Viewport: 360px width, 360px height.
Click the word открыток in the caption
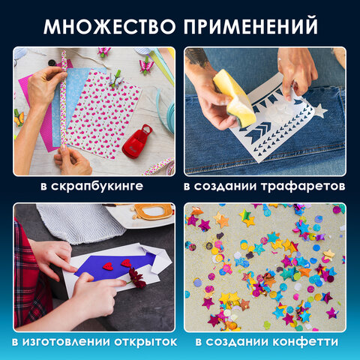coord(142,342)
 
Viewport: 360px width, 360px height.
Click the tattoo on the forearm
coord(197,56)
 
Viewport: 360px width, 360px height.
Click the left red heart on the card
coord(107,266)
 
